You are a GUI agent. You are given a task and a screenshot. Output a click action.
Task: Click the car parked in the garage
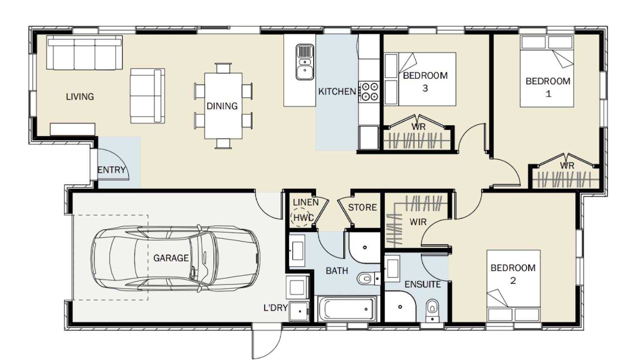(x=175, y=259)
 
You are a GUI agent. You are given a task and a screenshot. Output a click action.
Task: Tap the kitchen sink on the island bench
(x=305, y=62)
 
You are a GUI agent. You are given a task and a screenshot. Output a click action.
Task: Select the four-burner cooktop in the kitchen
(x=370, y=92)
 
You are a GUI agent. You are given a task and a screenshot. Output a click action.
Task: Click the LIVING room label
(x=80, y=97)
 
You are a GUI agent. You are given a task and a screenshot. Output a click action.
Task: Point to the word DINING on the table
(x=222, y=106)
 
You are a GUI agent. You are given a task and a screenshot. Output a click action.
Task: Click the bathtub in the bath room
(x=347, y=309)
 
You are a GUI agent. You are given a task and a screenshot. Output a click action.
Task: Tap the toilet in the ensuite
(x=433, y=310)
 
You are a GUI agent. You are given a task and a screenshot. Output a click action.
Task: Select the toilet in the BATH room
(x=369, y=278)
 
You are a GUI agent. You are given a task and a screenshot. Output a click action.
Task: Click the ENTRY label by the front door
(x=111, y=170)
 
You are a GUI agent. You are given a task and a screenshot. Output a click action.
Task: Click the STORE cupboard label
(x=362, y=207)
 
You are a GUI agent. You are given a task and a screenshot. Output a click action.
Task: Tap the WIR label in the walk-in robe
(x=418, y=222)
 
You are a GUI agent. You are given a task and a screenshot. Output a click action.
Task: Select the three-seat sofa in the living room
(x=84, y=52)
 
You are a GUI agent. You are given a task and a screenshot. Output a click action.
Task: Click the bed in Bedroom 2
(x=513, y=286)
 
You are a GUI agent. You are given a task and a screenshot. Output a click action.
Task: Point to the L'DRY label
(x=275, y=308)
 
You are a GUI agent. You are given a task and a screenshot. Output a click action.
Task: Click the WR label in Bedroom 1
(x=567, y=165)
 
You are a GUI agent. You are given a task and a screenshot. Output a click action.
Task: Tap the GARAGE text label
(x=171, y=258)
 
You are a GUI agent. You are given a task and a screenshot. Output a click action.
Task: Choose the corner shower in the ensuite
(x=400, y=306)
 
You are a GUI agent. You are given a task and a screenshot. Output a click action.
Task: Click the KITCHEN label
(x=337, y=92)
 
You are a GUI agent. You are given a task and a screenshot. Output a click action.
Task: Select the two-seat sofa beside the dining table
(x=148, y=96)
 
